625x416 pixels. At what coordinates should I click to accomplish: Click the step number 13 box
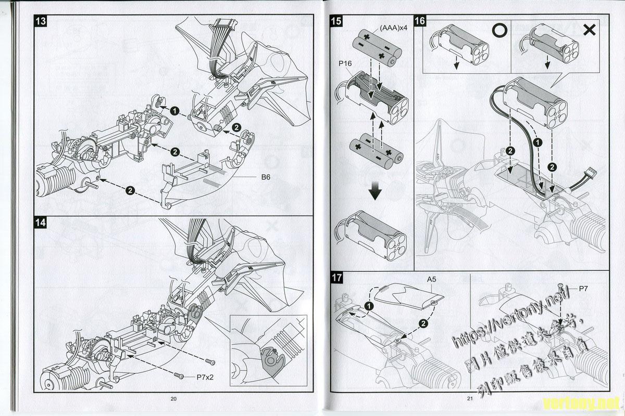click(40, 21)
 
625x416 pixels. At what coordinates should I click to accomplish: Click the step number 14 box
click(40, 223)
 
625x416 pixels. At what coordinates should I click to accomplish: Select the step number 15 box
click(336, 21)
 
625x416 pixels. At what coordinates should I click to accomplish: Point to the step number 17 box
click(337, 278)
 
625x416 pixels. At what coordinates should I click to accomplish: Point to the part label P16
click(345, 63)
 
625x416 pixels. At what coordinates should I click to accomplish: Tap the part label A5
click(431, 279)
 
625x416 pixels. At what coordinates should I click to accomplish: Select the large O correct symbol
click(499, 30)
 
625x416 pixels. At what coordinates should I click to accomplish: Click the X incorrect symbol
click(590, 30)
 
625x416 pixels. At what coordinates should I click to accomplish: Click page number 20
click(174, 399)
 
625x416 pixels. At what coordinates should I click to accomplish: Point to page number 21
click(469, 399)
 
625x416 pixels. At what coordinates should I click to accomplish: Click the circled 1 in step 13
click(174, 111)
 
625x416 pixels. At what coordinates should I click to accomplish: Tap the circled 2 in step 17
click(423, 323)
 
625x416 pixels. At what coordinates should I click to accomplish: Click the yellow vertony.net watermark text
click(581, 402)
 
